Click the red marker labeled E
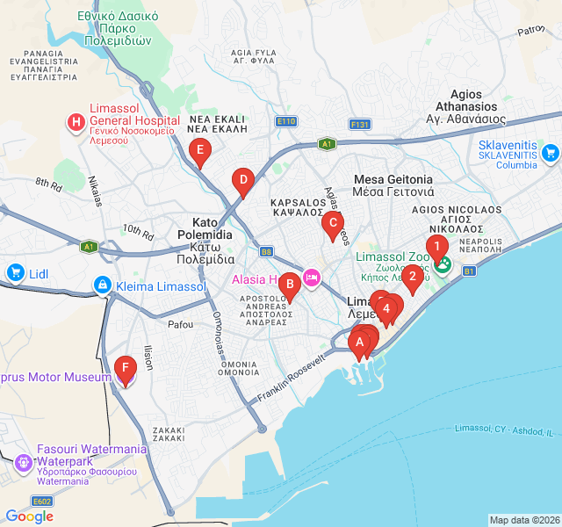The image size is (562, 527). pyautogui.click(x=200, y=152)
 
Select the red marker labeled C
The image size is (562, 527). pyautogui.click(x=331, y=225)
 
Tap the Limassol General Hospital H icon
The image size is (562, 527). pyautogui.click(x=76, y=121)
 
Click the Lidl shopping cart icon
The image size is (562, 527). pyautogui.click(x=15, y=273)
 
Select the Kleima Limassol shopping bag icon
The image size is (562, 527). pyautogui.click(x=103, y=286)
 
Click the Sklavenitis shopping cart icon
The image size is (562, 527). pyautogui.click(x=551, y=154)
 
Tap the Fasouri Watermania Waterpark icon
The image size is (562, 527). pyautogui.click(x=24, y=459)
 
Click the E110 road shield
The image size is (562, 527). pyautogui.click(x=285, y=121)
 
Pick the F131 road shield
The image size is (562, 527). pyautogui.click(x=359, y=125)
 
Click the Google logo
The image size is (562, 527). pyautogui.click(x=29, y=516)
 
